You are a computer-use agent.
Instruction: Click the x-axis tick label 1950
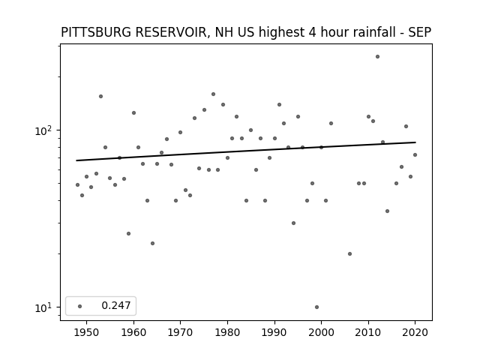point(87,332)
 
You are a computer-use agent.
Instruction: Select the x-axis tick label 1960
point(133,332)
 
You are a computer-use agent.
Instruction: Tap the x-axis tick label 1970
point(180,332)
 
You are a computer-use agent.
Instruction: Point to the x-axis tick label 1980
point(227,332)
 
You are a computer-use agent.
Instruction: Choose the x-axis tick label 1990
point(274,332)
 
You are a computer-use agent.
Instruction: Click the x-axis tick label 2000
point(321,332)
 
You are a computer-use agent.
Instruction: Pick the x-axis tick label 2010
point(368,332)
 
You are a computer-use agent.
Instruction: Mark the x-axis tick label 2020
point(415,332)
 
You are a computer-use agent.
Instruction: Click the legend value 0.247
point(116,305)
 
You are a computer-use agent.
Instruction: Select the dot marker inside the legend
point(80,306)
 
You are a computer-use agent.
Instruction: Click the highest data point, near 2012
point(377,57)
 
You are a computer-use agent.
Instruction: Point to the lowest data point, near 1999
point(316,307)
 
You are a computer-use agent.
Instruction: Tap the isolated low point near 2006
point(350,253)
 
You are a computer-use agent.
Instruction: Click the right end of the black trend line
point(415,142)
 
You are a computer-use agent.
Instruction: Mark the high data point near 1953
point(100,97)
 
